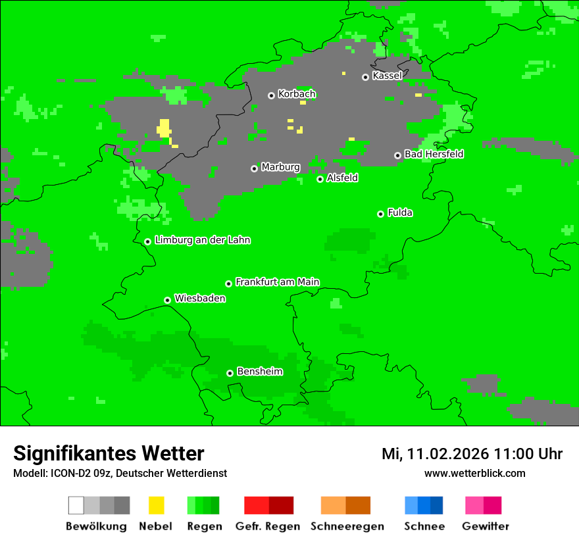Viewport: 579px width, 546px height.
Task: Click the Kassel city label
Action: [387, 76]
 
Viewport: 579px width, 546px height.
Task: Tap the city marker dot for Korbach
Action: [271, 95]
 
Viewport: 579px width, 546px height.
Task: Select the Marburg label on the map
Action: [280, 167]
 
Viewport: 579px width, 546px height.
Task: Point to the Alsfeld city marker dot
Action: [320, 179]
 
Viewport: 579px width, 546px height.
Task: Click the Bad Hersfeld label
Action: [434, 154]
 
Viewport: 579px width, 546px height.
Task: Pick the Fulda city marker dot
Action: [380, 214]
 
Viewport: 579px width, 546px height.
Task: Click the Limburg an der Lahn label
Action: [202, 240]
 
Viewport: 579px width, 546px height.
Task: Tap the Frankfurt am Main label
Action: [277, 282]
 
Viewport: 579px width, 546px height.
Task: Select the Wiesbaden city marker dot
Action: [167, 300]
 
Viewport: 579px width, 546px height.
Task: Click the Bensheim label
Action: [259, 372]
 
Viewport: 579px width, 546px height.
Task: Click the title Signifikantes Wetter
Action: [109, 454]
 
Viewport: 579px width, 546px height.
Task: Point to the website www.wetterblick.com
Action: [474, 473]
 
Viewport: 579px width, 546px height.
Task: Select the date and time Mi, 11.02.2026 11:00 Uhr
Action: [472, 454]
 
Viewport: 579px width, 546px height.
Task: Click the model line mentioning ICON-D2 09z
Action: [120, 473]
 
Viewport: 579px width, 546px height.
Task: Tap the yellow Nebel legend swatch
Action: [156, 505]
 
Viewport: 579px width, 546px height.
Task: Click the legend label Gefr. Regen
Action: [267, 526]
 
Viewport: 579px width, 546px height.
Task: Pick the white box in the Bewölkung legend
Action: [76, 505]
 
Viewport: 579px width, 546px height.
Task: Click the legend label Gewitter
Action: [485, 526]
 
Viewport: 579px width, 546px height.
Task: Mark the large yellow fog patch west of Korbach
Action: [163, 128]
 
